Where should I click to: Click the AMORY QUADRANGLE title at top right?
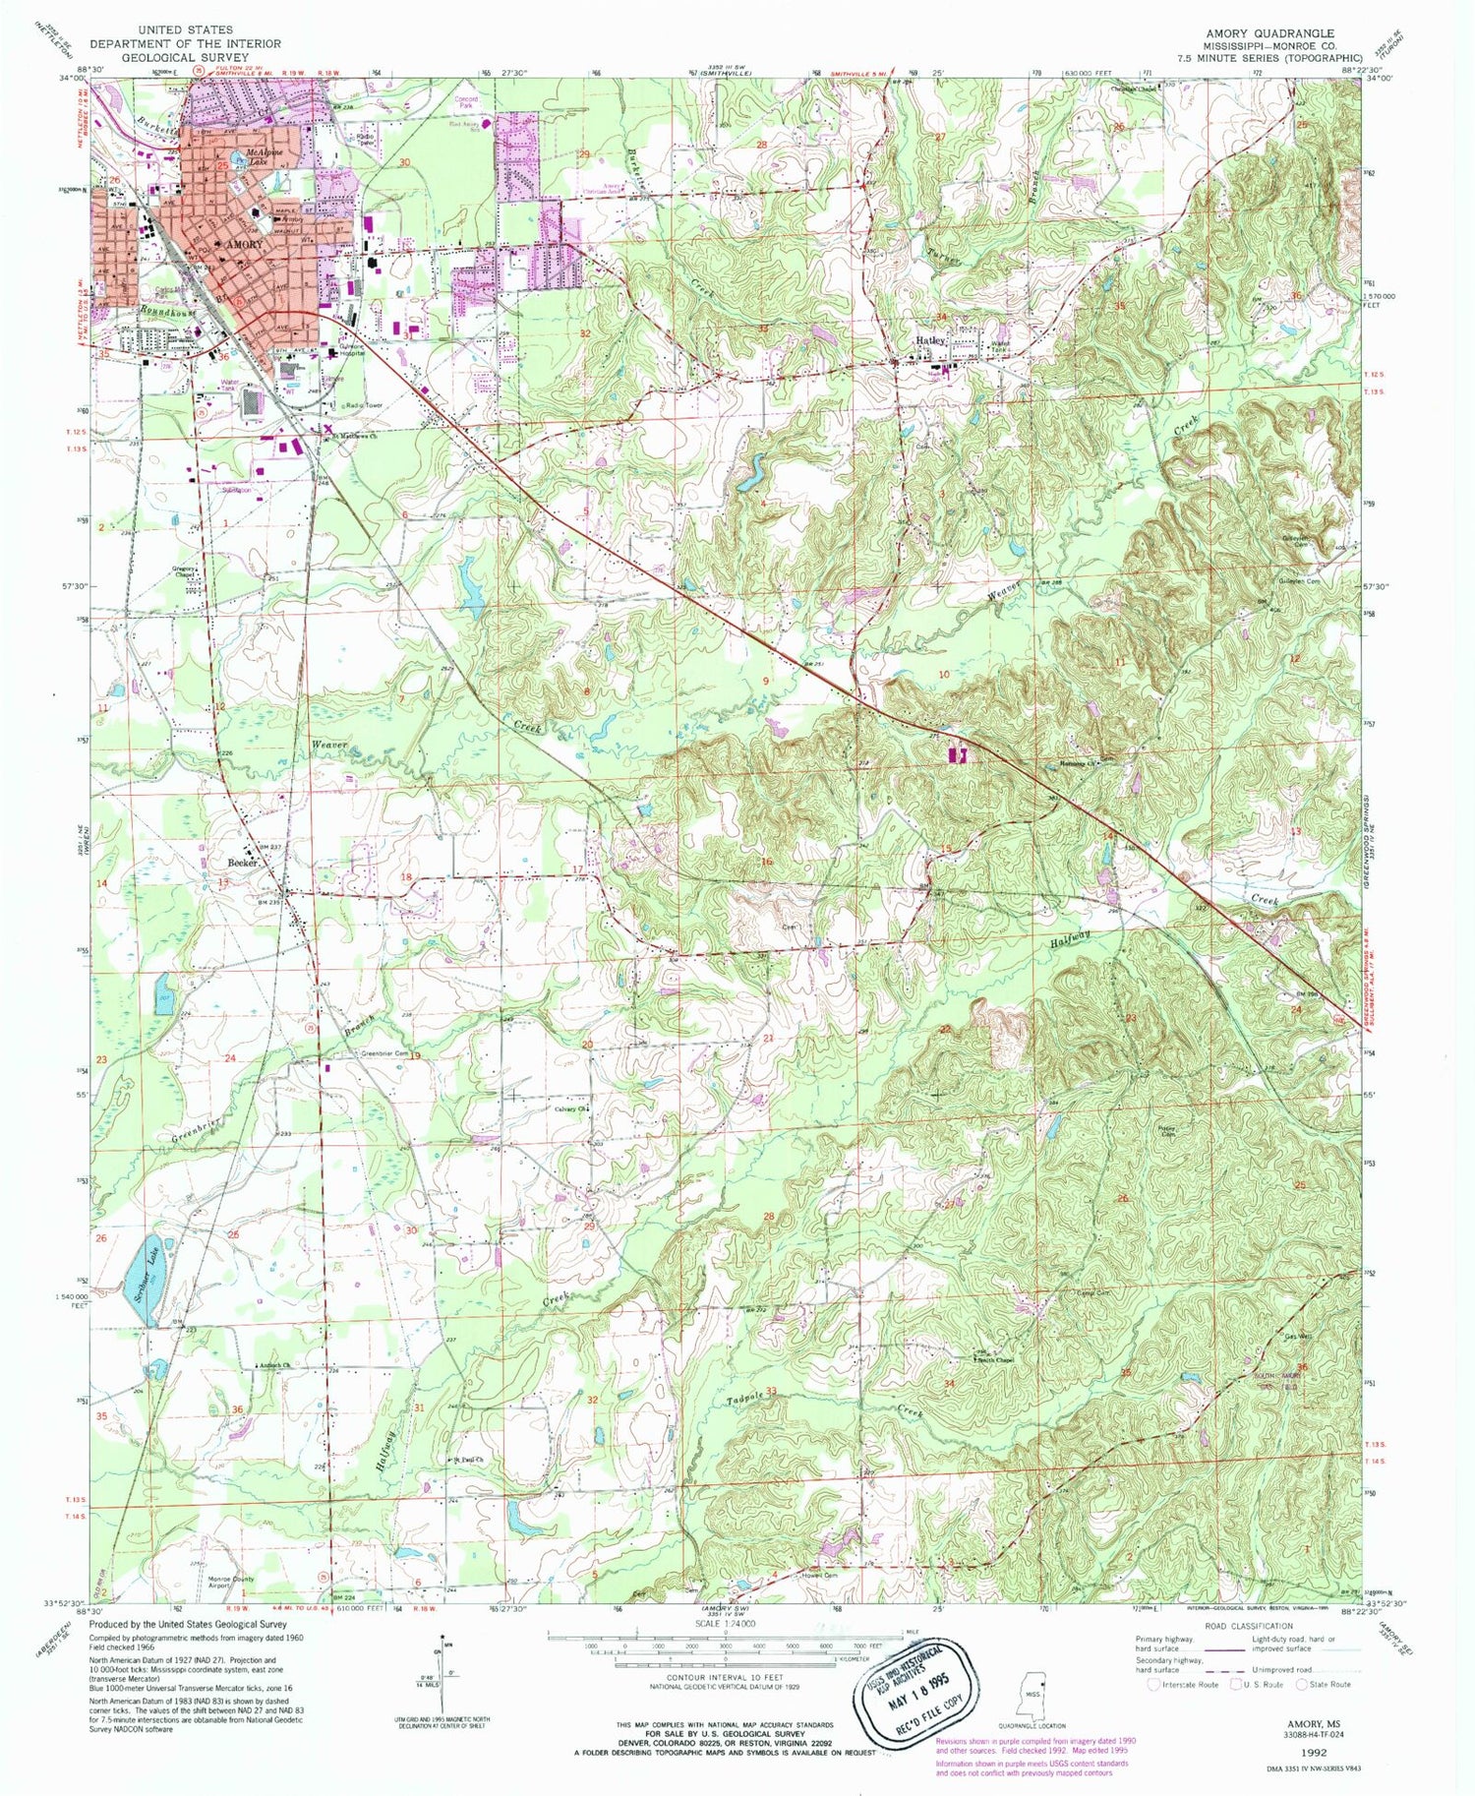(1269, 32)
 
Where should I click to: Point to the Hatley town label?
(930, 340)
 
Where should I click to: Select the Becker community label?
(242, 862)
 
